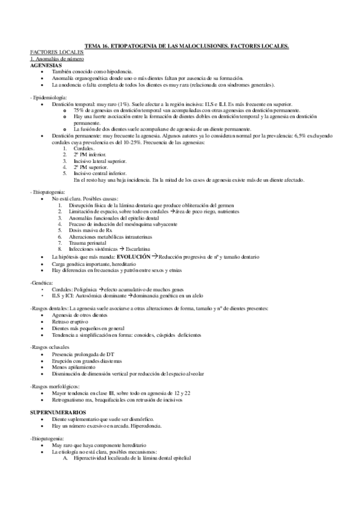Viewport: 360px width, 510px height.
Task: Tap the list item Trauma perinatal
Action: (89, 241)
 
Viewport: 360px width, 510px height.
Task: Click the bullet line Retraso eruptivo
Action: (70, 321)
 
